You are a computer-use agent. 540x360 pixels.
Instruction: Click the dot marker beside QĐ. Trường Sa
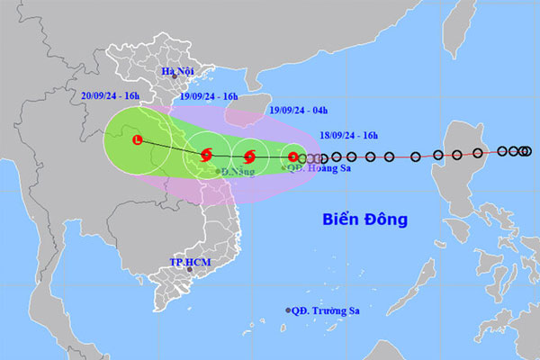289,310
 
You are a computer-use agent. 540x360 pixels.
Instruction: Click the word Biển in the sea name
343,219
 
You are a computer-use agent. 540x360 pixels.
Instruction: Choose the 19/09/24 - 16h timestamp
208,96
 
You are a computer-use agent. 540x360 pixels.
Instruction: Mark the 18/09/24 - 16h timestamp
348,136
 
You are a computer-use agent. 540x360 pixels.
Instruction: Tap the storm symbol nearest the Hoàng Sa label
292,157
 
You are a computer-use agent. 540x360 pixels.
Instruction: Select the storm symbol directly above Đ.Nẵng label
206,156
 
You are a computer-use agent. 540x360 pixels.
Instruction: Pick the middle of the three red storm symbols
249,156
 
